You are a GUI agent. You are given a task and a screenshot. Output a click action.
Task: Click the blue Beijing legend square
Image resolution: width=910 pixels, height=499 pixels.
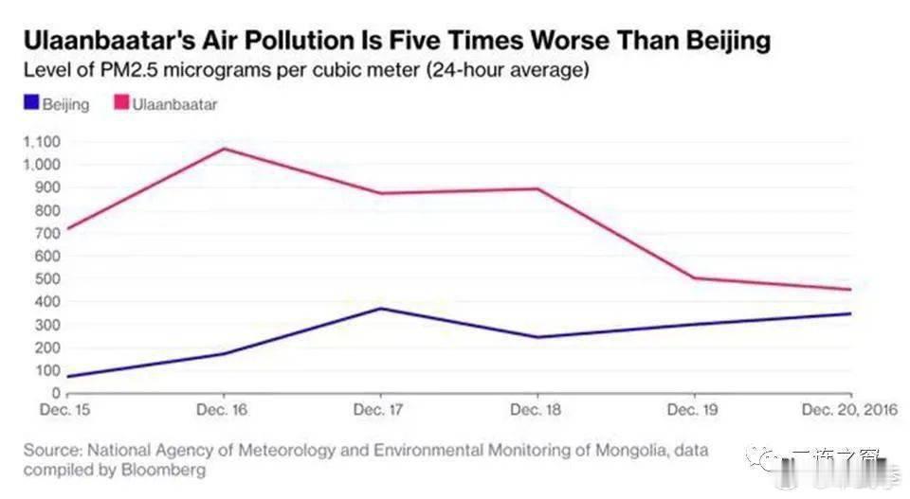29,103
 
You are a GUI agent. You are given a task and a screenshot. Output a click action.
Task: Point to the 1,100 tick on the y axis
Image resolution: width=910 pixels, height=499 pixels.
41,142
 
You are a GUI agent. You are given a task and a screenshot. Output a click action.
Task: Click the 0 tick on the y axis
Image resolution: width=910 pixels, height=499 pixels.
57,393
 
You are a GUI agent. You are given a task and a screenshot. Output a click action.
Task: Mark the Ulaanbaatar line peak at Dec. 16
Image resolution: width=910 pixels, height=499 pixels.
224,149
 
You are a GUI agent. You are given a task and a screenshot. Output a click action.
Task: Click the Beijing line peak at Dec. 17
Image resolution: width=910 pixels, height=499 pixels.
380,308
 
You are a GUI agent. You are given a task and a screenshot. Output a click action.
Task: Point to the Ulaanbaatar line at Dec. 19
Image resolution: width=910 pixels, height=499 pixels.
695,278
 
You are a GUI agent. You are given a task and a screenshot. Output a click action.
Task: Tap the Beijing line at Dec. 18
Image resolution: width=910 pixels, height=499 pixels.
537,337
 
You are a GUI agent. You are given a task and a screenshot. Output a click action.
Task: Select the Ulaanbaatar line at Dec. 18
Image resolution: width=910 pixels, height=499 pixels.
537,188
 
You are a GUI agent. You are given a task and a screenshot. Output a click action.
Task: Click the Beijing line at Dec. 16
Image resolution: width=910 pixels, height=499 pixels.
224,354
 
